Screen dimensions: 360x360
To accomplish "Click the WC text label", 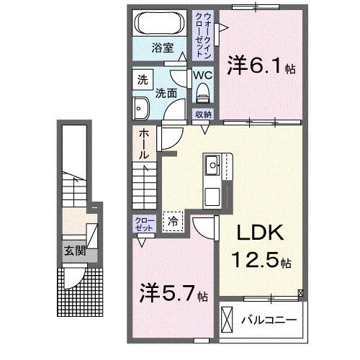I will (x=202, y=75).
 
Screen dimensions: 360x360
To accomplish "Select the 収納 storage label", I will (x=203, y=114).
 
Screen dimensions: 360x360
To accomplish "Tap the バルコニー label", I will (x=271, y=318).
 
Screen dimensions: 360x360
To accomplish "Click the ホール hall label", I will (x=143, y=143).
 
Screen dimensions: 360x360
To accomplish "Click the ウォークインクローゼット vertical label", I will (x=206, y=36).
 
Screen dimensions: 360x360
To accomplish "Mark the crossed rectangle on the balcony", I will (x=228, y=318).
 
